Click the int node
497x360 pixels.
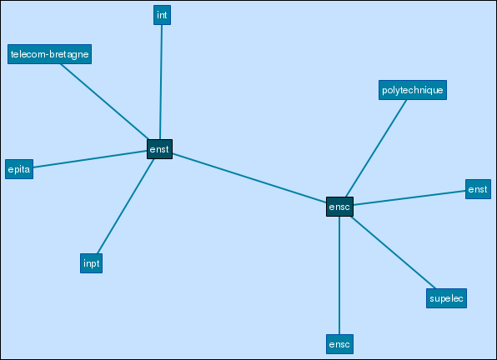pyautogui.click(x=162, y=15)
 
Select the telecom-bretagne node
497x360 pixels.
pyautogui.click(x=49, y=54)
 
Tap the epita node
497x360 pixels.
pyautogui.click(x=19, y=169)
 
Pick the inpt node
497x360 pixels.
pyautogui.click(x=91, y=263)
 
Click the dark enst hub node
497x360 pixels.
pyautogui.click(x=160, y=149)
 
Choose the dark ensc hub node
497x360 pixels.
pyautogui.click(x=339, y=207)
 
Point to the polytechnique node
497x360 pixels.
pyautogui.click(x=413, y=90)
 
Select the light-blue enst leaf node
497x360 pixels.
pyautogui.click(x=478, y=189)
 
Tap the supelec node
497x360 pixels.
pyautogui.click(x=446, y=298)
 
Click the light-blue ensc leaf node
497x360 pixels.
pyautogui.click(x=339, y=344)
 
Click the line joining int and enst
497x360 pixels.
pyautogui.click(x=161, y=82)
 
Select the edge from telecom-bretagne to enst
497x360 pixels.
pyautogui.click(x=104, y=102)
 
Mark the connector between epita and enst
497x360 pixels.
pyautogui.click(x=90, y=159)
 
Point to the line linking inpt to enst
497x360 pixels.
pyautogui.click(x=126, y=206)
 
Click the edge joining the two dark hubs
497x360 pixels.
pyautogui.click(x=249, y=178)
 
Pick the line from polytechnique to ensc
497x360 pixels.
pyautogui.click(x=376, y=148)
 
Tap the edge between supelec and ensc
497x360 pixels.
pyautogui.click(x=394, y=252)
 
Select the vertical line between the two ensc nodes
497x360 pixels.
pyautogui.click(x=339, y=276)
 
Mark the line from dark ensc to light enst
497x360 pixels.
pyautogui.click(x=409, y=197)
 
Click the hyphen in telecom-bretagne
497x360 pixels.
pyautogui.click(x=48, y=55)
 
